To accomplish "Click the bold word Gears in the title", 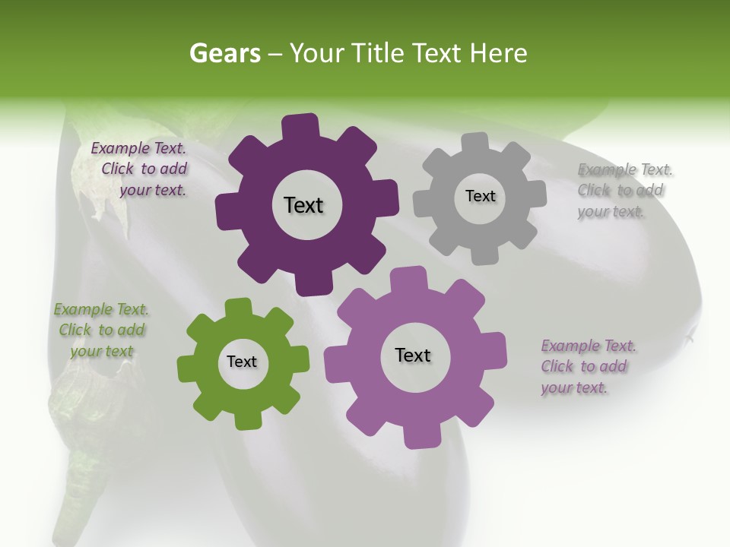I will (225, 53).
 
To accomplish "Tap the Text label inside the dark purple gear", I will (303, 205).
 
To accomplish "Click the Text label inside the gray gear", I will (480, 196).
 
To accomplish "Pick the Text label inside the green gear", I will (242, 362).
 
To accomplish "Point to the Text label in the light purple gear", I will (413, 355).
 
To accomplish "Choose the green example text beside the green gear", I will (101, 330).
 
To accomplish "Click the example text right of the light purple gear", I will (588, 367).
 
